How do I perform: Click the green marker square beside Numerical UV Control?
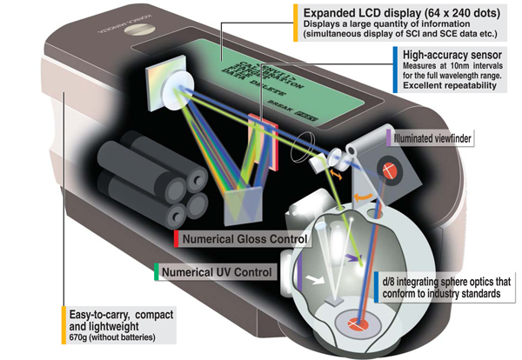pyautogui.click(x=155, y=272)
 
